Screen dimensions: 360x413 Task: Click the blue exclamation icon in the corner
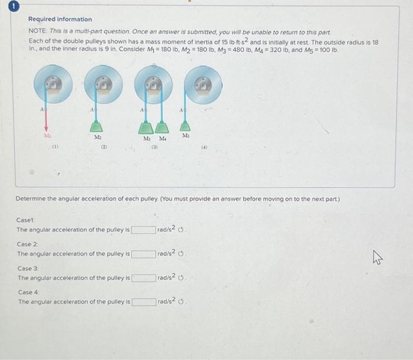[x=5, y=5]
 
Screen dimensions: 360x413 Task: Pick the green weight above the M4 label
[x=162, y=128]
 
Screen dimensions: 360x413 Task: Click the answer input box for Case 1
[x=143, y=230]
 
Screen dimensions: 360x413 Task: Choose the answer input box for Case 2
[x=143, y=254]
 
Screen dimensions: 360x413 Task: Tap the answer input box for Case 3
[x=143, y=278]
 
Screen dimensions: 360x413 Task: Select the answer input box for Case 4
[x=143, y=302]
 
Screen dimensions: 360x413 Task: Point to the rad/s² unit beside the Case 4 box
[x=168, y=302]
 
